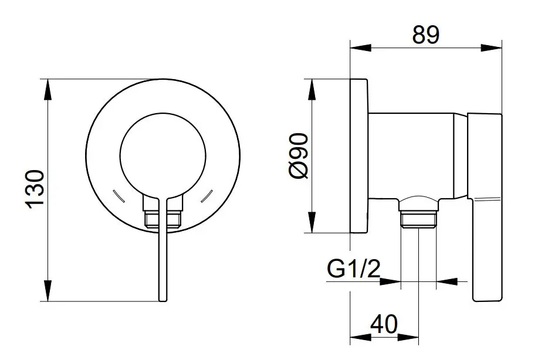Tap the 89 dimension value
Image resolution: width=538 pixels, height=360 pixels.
click(425, 34)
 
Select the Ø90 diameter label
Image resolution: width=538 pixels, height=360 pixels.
click(299, 157)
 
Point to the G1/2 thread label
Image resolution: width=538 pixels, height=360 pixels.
click(354, 269)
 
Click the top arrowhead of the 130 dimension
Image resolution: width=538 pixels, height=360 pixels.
click(48, 90)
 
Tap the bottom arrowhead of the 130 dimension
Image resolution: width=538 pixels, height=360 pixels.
click(48, 291)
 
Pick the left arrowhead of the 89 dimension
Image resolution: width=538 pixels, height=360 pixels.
click(361, 47)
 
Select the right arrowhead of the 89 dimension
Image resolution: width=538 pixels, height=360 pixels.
click(491, 47)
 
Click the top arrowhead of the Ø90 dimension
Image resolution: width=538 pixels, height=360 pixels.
click(312, 90)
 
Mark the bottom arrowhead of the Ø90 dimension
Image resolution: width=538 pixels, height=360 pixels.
click(312, 222)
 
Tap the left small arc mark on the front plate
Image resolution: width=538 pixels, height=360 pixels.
click(119, 196)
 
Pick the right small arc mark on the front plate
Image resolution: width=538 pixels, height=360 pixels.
click(207, 196)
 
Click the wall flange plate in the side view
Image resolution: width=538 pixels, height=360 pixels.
click(359, 157)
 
